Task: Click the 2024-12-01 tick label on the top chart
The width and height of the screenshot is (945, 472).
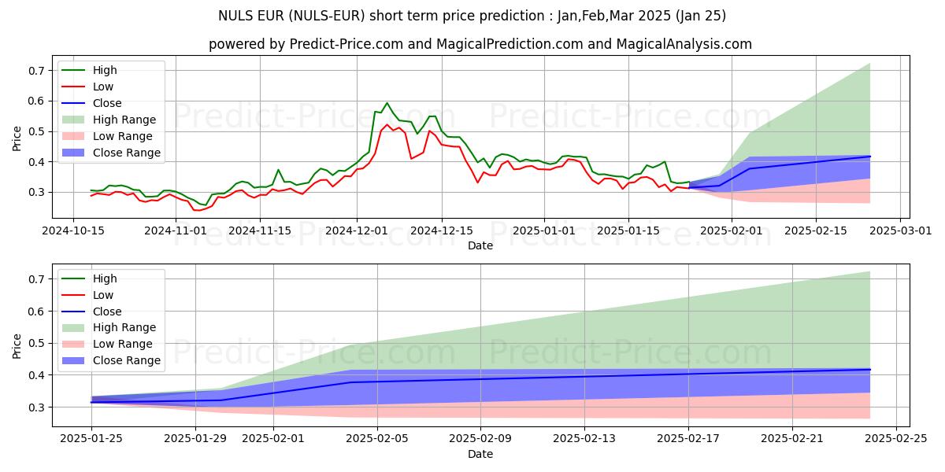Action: pyautogui.click(x=357, y=230)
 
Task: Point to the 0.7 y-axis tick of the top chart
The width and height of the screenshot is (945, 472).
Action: pyautogui.click(x=35, y=71)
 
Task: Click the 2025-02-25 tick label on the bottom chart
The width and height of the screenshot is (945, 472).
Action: pyautogui.click(x=895, y=439)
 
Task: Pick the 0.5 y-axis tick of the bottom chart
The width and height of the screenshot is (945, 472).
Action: pyautogui.click(x=35, y=343)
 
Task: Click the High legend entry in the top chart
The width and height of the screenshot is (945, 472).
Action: pyautogui.click(x=106, y=71)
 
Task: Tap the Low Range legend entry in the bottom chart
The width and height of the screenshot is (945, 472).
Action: pyautogui.click(x=124, y=344)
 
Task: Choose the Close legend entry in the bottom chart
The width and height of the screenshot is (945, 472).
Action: pyautogui.click(x=107, y=312)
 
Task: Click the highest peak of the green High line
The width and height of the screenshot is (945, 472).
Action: pyautogui.click(x=387, y=103)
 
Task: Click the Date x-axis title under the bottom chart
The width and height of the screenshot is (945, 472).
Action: pyautogui.click(x=480, y=454)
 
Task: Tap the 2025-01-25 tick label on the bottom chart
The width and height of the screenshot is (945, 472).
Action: pyautogui.click(x=91, y=439)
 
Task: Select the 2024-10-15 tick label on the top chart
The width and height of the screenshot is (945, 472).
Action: pyautogui.click(x=73, y=230)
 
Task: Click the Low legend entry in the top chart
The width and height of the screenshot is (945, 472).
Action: pyautogui.click(x=104, y=87)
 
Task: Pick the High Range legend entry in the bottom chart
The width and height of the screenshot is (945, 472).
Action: pyautogui.click(x=124, y=327)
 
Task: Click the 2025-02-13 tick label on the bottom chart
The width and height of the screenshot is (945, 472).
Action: pyautogui.click(x=584, y=439)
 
